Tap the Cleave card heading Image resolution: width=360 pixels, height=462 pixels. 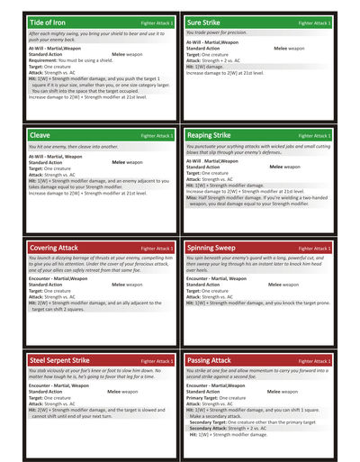coord(41,135)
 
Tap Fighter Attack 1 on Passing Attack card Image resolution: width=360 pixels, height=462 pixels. coord(314,361)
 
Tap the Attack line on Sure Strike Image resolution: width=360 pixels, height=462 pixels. coord(217,59)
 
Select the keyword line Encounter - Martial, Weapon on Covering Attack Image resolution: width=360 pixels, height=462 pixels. coord(58,278)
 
